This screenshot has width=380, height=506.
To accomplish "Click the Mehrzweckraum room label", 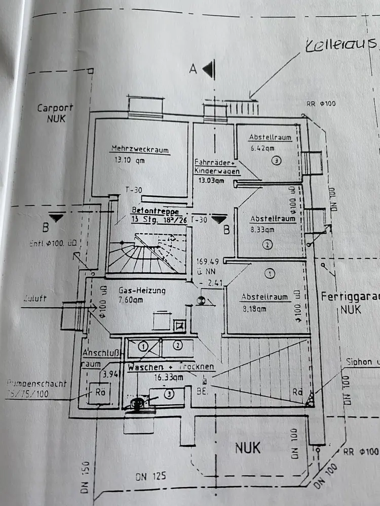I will pyautogui.click(x=140, y=150).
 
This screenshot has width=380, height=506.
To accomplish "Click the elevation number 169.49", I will pyautogui.click(x=206, y=262).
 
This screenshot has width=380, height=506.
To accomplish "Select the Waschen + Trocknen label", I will pyautogui.click(x=171, y=367).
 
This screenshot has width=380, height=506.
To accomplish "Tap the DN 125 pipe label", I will pyautogui.click(x=150, y=476).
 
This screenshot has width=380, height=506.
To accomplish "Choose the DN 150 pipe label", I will pyautogui.click(x=87, y=477).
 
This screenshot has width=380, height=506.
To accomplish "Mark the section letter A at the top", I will pyautogui.click(x=193, y=70).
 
